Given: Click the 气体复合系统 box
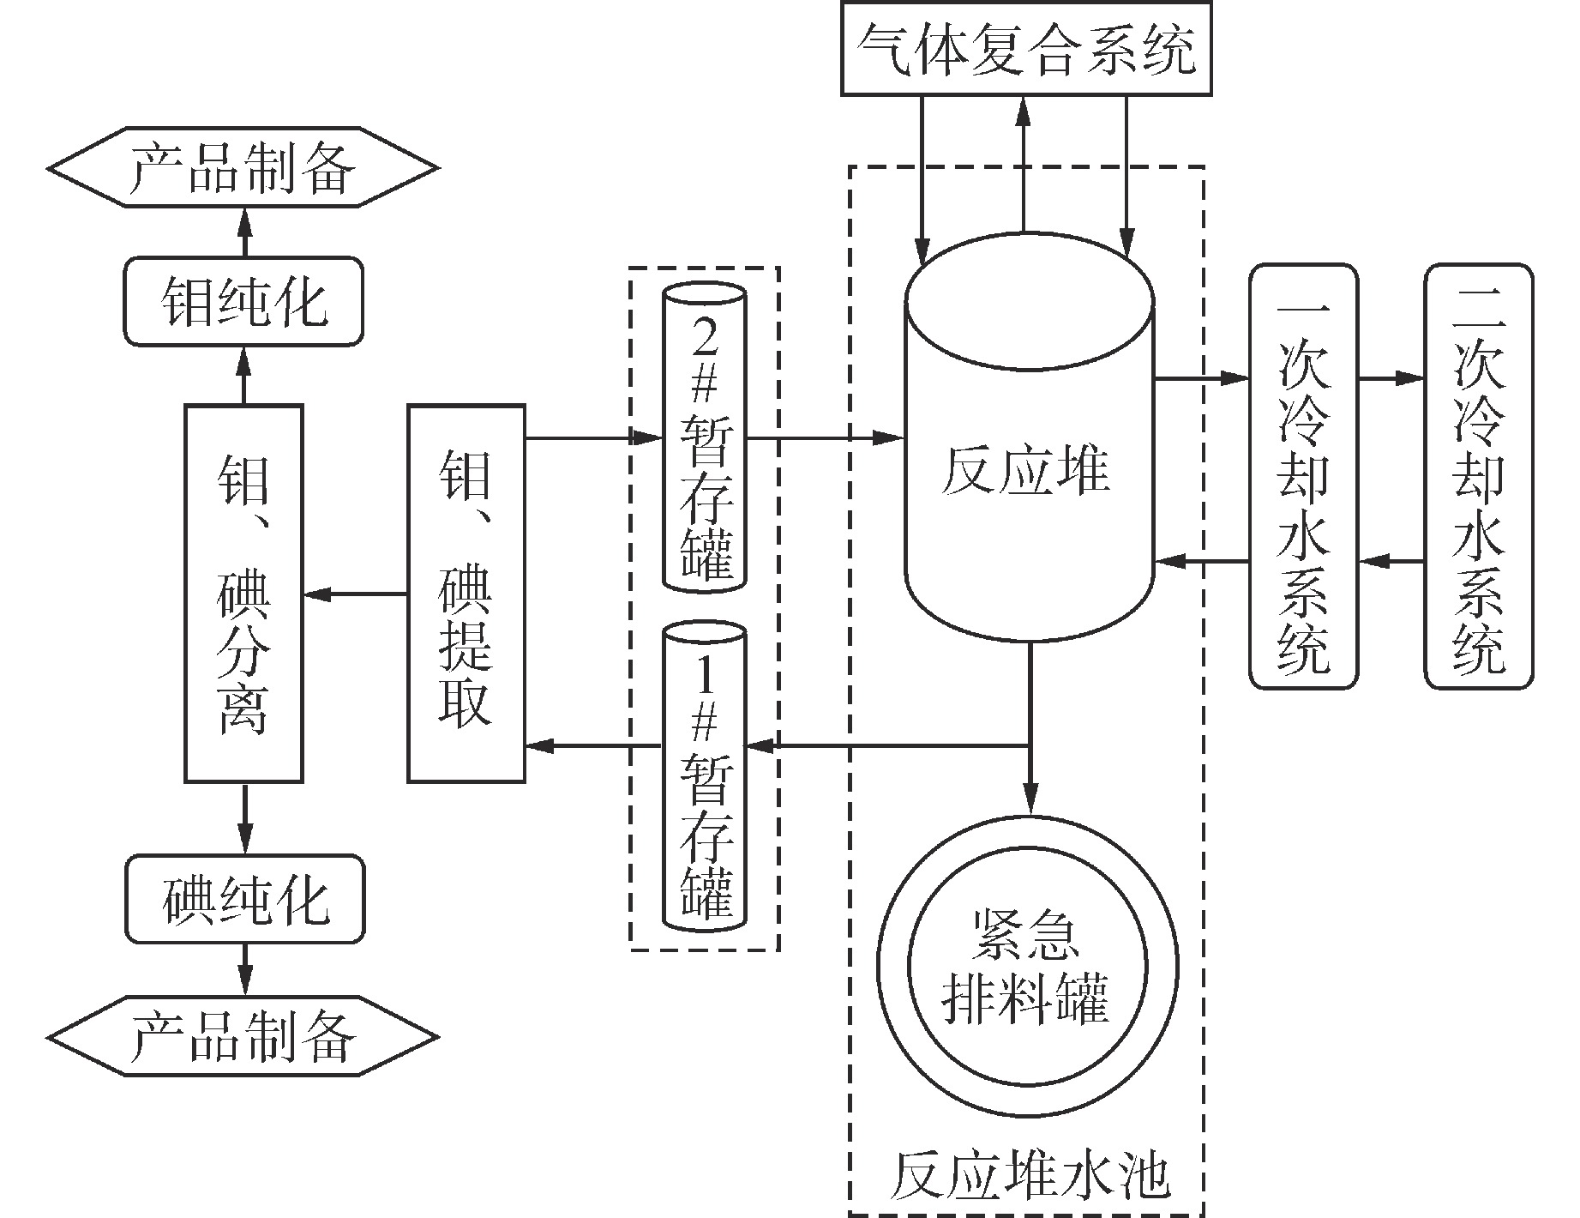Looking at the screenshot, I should coord(1026,48).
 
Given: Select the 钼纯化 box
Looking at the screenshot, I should coord(243,302).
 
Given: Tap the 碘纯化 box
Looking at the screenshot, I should coord(243,899).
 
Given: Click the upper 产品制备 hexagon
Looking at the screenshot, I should coord(243,167).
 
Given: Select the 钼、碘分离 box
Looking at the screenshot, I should coord(243,594).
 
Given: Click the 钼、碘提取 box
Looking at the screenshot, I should coord(466,594).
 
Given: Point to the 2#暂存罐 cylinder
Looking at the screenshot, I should coord(704,437).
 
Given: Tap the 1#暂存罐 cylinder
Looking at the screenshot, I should coord(704,776).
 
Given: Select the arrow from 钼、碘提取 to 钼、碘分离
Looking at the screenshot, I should coord(355,594).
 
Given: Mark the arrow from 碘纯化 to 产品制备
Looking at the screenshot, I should coord(245,969).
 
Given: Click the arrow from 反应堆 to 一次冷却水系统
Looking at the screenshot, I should coord(1201,377).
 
